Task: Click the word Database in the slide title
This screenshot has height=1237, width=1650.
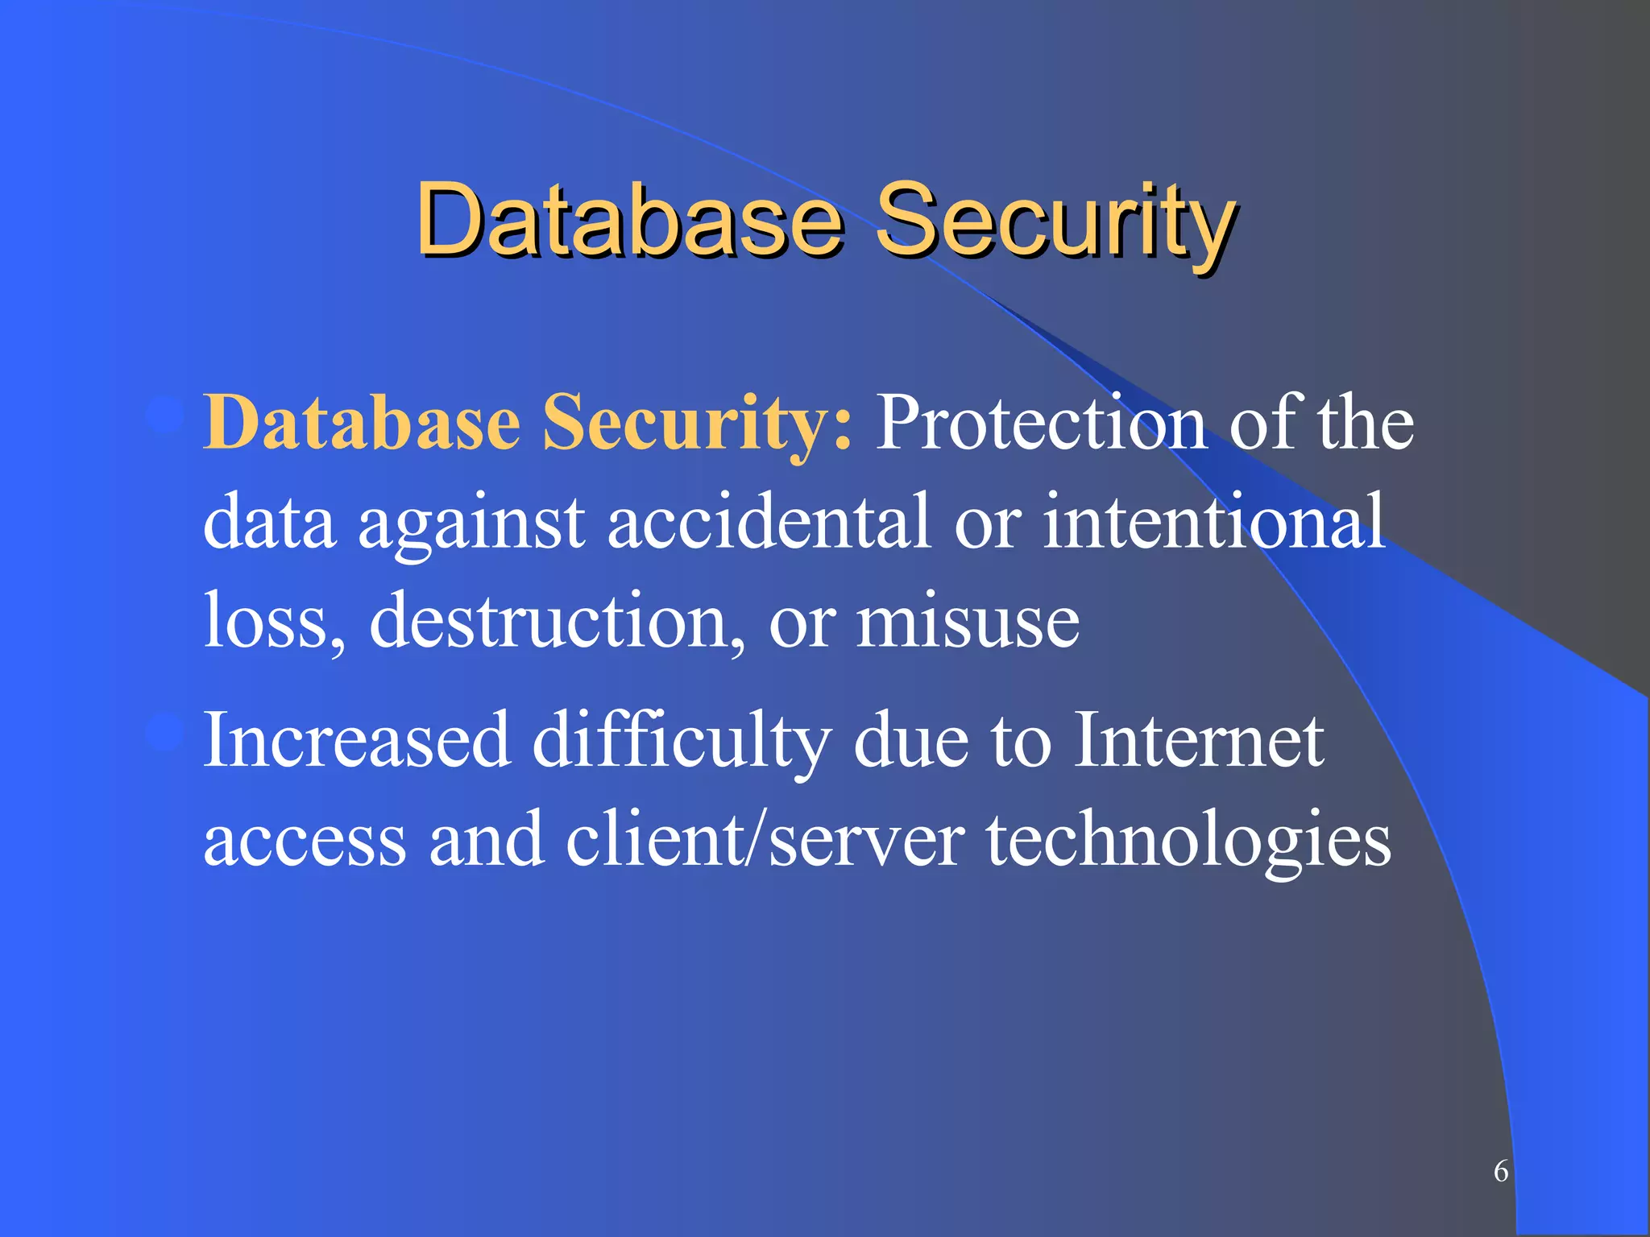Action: pos(629,219)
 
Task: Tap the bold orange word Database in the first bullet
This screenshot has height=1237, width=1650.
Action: pos(362,423)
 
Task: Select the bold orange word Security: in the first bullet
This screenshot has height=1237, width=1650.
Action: pos(697,423)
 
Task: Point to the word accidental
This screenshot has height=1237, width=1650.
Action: pos(769,522)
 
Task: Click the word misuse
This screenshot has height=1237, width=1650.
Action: pos(968,621)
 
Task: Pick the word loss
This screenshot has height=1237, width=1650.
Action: pos(274,621)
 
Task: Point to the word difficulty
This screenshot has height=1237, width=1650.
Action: pos(682,741)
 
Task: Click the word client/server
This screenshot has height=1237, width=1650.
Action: pos(765,839)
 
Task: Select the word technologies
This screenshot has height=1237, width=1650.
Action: pos(1189,841)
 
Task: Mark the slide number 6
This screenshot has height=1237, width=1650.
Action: pos(1501,1171)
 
